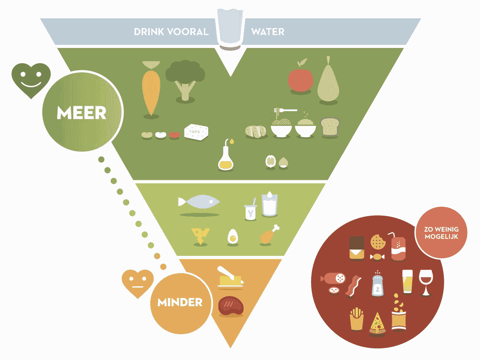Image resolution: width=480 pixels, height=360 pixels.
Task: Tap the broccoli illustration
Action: click(185, 80)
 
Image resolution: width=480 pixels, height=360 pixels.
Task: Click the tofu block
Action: click(196, 132)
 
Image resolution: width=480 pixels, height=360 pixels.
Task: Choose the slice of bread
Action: click(330, 126)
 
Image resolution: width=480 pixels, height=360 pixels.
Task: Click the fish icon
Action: click(199, 202)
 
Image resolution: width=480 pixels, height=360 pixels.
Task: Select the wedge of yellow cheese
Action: click(200, 236)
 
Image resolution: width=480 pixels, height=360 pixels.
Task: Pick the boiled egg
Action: click(233, 236)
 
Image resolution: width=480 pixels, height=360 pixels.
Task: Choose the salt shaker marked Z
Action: click(377, 284)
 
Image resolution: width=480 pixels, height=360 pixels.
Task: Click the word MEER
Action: click(81, 113)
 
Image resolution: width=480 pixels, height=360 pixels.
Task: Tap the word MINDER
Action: click(180, 302)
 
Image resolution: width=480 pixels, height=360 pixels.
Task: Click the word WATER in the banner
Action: click(268, 32)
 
